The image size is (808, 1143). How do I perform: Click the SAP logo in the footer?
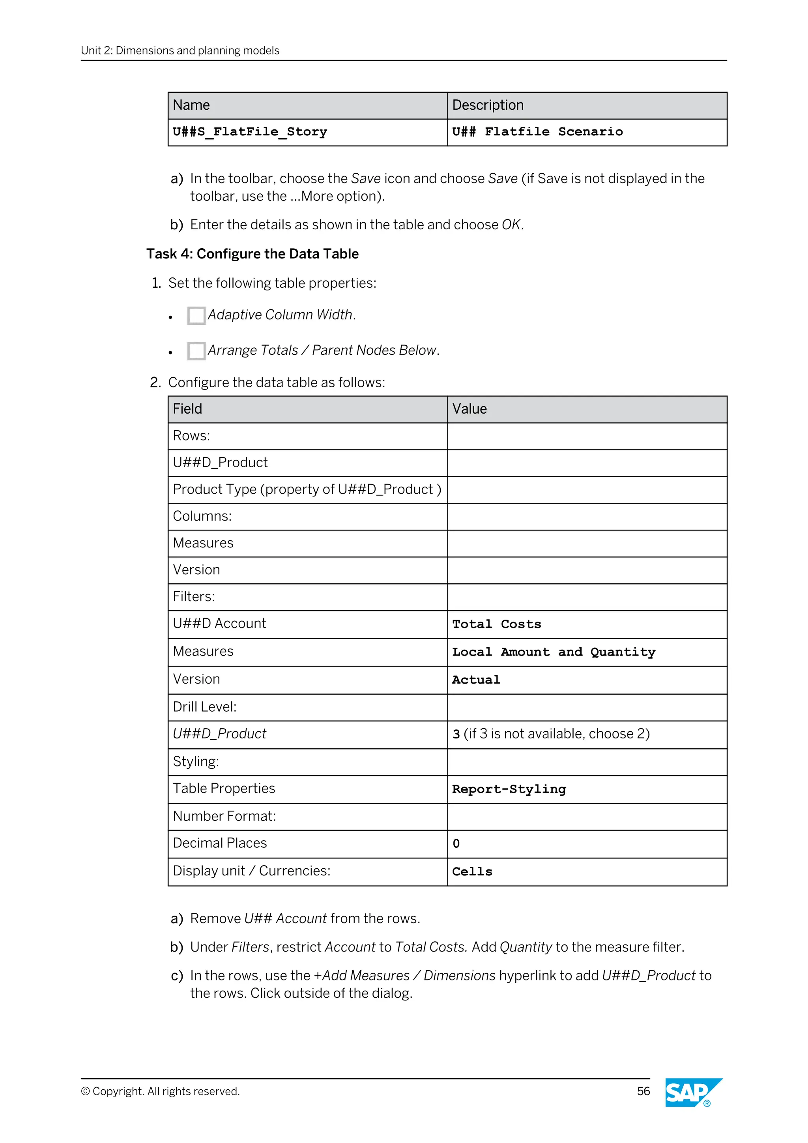click(x=693, y=1092)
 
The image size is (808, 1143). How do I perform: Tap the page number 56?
click(x=643, y=1091)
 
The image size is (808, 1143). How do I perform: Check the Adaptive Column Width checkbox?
click(x=196, y=316)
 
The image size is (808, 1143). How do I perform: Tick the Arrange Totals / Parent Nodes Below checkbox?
click(x=196, y=351)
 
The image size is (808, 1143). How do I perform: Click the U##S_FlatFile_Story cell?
click(x=250, y=132)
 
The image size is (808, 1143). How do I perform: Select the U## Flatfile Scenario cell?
click(x=537, y=132)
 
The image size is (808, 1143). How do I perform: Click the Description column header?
click(x=488, y=105)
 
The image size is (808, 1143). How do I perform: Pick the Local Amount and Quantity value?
click(x=553, y=652)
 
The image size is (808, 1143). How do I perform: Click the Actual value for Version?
click(x=476, y=680)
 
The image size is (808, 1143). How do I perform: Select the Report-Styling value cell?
click(x=509, y=789)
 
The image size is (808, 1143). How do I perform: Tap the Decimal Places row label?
click(x=219, y=843)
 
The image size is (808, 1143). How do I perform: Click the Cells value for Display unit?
click(x=472, y=872)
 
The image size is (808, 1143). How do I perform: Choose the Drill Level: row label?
click(x=204, y=707)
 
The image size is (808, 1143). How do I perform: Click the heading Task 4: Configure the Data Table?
click(x=252, y=254)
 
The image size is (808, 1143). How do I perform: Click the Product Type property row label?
click(x=307, y=489)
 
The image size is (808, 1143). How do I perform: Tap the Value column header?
click(x=469, y=409)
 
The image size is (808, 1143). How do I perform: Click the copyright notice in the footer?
click(x=160, y=1091)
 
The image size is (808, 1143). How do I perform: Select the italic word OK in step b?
click(x=511, y=225)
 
